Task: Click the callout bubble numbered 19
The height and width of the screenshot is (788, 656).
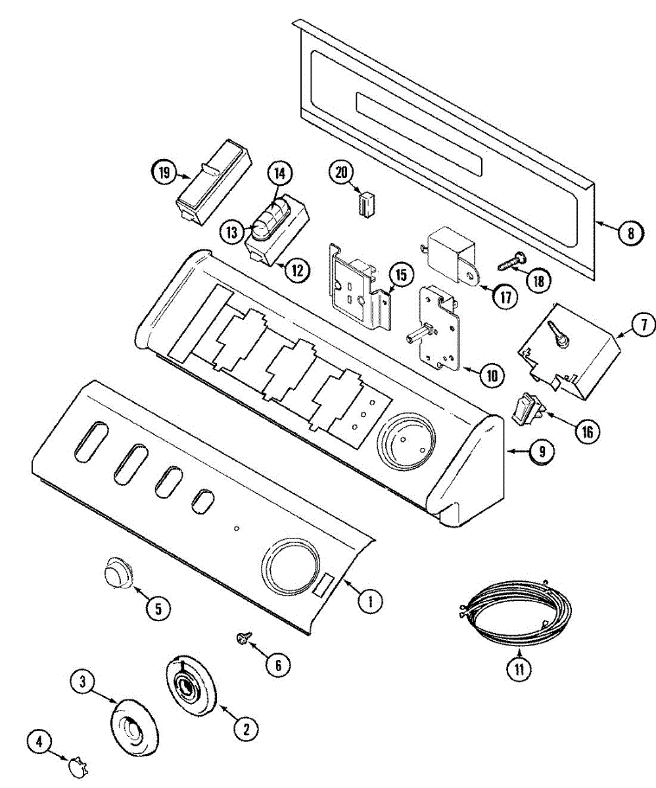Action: pos(164,174)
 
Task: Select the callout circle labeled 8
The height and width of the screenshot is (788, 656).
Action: pos(630,232)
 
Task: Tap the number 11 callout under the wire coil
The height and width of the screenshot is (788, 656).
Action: pos(519,670)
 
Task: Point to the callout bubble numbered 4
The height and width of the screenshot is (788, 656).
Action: pos(39,742)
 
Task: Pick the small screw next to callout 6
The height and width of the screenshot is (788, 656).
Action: pos(243,636)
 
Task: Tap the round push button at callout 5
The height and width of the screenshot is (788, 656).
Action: pos(118,571)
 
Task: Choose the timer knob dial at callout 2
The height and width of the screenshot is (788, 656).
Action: pos(191,687)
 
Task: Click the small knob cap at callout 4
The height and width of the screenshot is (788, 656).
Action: pos(78,766)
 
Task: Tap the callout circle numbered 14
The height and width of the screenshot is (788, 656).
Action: pos(279,174)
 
